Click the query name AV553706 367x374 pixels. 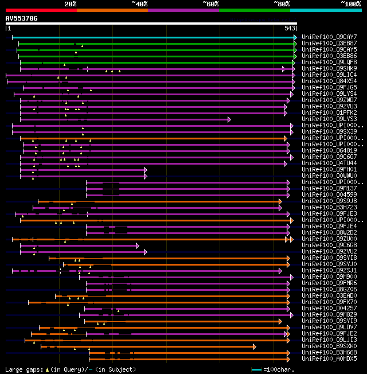(22, 18)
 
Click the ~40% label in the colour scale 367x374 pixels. (139, 4)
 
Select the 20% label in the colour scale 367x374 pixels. (70, 4)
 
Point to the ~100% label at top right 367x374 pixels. (351, 4)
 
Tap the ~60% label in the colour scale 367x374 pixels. (210, 4)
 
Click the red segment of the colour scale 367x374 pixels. (41, 10)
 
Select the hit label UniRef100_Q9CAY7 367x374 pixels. (329, 37)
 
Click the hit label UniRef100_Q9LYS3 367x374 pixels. (329, 119)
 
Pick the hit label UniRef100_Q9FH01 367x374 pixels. (329, 170)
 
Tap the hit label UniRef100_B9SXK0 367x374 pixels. (329, 346)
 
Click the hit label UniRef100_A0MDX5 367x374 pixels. (329, 359)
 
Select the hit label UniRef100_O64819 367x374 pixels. (329, 151)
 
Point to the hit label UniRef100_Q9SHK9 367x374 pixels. (329, 69)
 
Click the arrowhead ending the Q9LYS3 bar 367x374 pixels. (229, 119)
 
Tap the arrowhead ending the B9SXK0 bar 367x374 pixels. (254, 346)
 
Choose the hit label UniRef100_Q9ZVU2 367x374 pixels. (329, 252)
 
